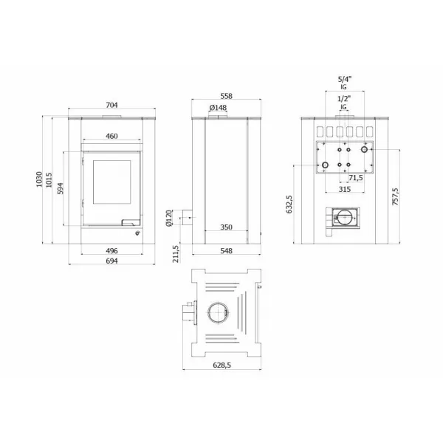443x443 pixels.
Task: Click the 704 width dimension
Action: coord(111,106)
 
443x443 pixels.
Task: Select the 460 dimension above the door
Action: coord(111,137)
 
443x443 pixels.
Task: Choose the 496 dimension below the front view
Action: coord(111,250)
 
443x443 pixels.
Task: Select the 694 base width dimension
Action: coord(111,261)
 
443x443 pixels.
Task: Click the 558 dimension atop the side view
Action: coord(226,97)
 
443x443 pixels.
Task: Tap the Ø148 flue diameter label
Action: coord(218,109)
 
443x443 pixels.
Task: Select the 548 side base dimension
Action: coord(226,251)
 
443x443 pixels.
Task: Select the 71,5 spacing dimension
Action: coord(355,178)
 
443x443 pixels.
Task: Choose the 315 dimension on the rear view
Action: coord(343,189)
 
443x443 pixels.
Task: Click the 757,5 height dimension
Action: coord(396,196)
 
